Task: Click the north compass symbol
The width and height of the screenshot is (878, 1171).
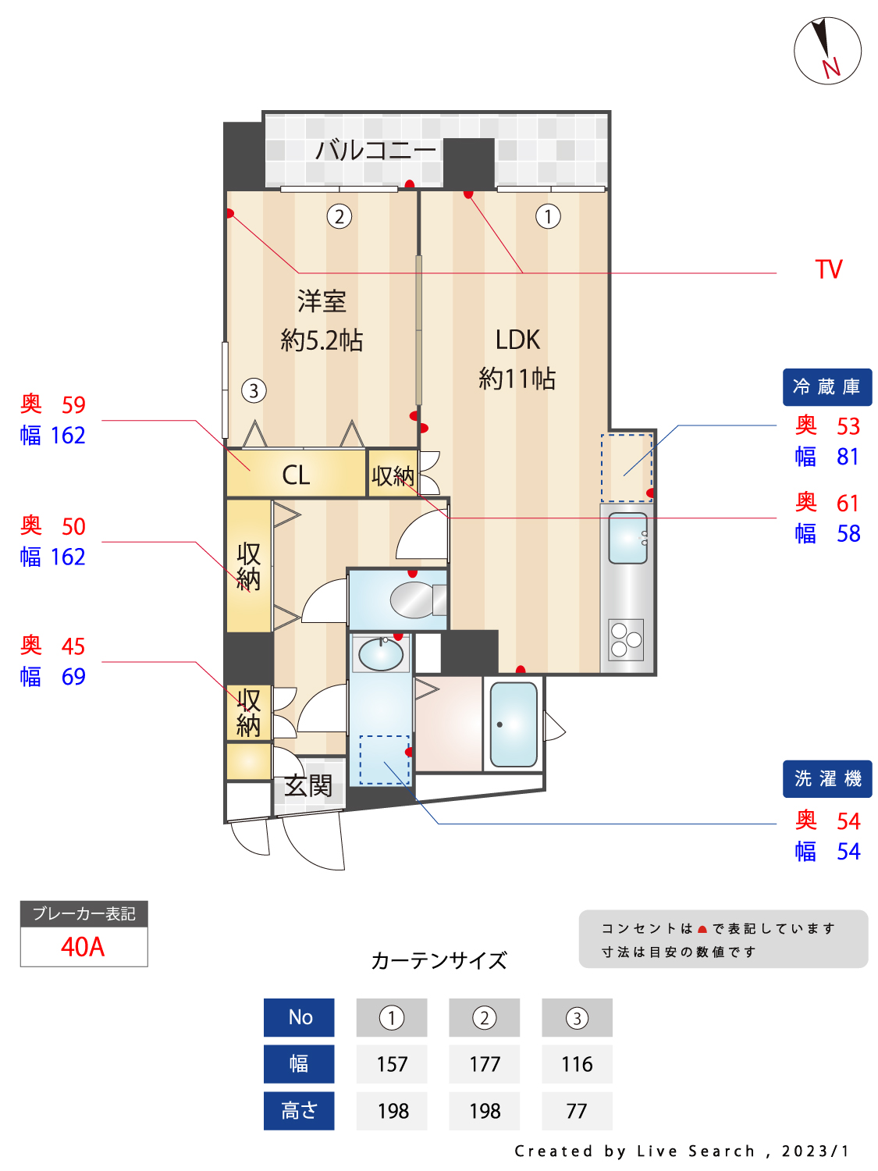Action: pos(826,51)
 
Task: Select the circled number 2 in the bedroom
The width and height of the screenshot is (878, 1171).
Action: pos(339,216)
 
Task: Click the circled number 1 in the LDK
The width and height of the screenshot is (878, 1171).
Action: pos(548,216)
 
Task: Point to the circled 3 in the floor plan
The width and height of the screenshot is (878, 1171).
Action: pos(254,390)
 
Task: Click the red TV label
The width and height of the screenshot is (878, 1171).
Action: pos(828,269)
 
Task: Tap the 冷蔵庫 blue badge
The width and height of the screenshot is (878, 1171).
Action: pos(826,386)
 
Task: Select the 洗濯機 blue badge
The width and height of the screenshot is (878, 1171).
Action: pos(826,778)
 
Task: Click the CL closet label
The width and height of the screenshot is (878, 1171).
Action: pos(296,475)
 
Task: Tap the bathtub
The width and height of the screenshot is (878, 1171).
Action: pos(514,724)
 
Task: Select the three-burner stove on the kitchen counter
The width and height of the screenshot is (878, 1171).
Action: pos(626,639)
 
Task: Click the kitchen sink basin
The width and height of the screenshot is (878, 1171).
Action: pos(627,538)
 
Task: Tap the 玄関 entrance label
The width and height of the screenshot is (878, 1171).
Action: pos(308,786)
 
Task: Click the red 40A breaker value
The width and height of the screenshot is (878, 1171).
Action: pos(83,947)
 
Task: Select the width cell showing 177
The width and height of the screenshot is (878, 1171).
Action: pos(484,1064)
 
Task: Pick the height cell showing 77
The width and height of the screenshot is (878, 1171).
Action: pos(577,1111)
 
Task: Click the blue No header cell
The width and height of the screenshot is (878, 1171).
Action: pos(299,1017)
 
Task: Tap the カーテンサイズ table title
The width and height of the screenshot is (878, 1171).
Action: pos(439,961)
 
